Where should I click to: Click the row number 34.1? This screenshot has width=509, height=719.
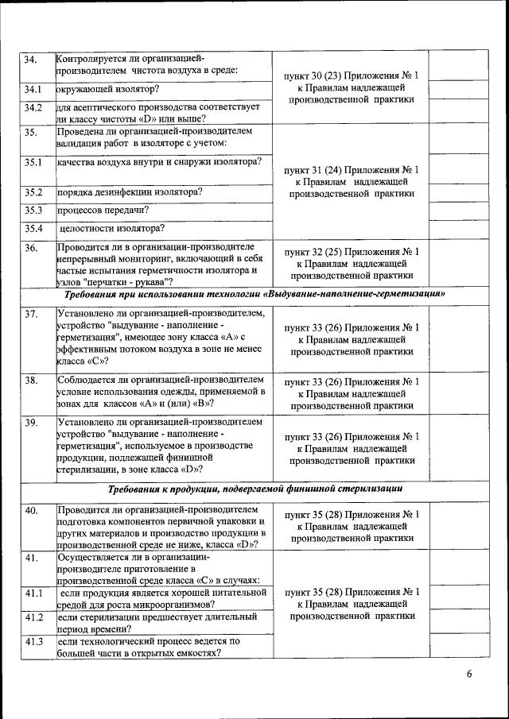33,89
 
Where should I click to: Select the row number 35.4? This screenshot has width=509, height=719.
33,229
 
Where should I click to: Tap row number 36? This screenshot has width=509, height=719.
31,248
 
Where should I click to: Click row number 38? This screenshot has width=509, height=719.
32,381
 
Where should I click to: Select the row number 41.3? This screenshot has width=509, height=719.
33,641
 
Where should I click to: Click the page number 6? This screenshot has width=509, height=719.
469,675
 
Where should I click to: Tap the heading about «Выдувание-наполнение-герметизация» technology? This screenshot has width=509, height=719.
254,294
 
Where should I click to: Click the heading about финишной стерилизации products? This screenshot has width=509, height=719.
254,489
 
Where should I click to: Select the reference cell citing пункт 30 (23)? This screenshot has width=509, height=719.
351,87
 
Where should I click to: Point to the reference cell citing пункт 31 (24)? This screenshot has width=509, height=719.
351,181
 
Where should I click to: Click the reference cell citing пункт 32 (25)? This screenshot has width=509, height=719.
351,263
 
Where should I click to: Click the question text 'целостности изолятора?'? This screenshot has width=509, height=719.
112,229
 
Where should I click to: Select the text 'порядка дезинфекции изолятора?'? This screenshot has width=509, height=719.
129,192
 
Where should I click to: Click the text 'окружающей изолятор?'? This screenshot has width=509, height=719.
107,89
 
